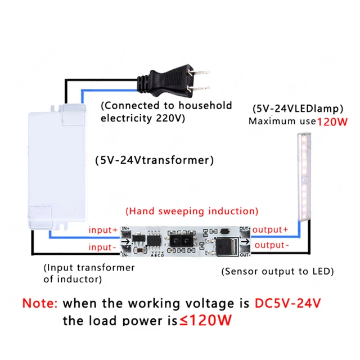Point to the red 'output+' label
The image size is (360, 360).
pos(270,230)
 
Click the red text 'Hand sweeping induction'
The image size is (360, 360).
pos(192,211)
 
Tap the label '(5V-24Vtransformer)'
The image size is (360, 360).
pos(155,160)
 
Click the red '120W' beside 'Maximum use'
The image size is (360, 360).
pos(333,122)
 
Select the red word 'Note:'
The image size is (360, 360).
pos(39,303)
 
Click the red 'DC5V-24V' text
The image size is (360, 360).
pos(287,303)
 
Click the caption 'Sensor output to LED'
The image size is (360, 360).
pos(278,271)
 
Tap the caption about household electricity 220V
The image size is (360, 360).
pos(166,111)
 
